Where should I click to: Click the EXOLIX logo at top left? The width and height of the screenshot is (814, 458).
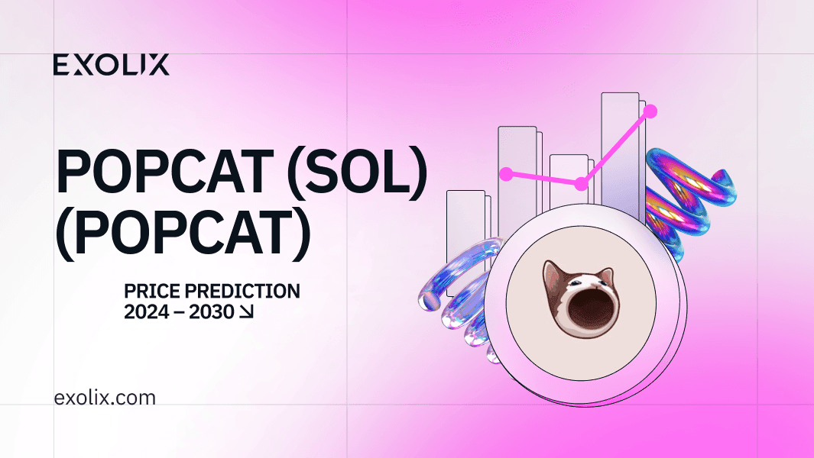pos(111,65)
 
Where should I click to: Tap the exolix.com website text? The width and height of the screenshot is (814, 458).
pos(105,398)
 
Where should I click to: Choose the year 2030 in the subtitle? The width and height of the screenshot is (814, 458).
pos(211,312)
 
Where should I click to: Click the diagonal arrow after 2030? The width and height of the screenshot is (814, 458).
pos(246,311)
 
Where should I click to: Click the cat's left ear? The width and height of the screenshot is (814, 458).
pos(552,273)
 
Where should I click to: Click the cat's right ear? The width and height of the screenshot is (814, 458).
pos(605,275)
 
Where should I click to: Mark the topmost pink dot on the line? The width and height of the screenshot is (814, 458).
pos(650,111)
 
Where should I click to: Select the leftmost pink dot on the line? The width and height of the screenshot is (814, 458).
pos(506,174)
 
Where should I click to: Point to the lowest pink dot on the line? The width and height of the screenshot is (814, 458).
pos(582,184)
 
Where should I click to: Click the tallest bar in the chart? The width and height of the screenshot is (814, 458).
pos(621,156)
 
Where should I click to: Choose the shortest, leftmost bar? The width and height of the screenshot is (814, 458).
pos(465,234)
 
